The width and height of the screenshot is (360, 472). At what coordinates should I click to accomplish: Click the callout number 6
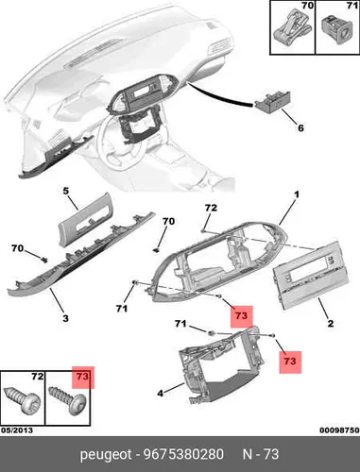point(300,127)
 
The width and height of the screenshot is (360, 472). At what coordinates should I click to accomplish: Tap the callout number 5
point(66,191)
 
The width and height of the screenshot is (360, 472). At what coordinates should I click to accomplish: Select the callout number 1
point(297,194)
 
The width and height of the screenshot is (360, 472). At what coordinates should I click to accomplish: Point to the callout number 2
point(331,323)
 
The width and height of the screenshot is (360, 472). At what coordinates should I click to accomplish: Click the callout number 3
point(65,318)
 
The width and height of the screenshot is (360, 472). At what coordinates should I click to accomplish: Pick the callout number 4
point(161,393)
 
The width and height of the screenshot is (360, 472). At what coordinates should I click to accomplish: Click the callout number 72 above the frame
point(211,208)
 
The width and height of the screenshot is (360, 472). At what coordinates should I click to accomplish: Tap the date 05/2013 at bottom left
point(17,430)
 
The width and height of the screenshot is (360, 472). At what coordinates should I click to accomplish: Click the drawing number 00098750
point(339,430)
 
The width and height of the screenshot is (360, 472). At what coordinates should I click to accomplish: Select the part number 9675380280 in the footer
point(183,454)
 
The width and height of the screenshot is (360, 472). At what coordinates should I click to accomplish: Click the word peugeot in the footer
point(106,455)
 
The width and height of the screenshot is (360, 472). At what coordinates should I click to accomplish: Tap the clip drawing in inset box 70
point(292,26)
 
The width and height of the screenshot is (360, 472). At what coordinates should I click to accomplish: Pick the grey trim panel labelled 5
point(85,219)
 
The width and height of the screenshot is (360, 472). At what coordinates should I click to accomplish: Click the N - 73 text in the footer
point(261,454)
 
